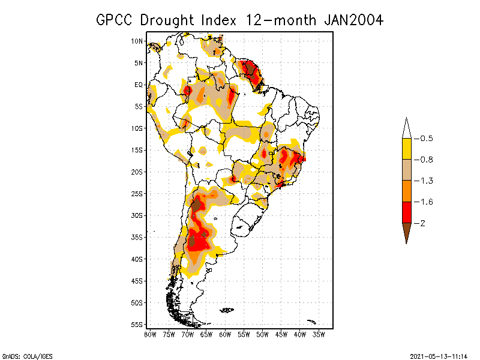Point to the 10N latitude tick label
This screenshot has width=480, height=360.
(137, 41)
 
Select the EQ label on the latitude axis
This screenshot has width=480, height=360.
(139, 85)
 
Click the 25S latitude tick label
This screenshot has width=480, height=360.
(137, 193)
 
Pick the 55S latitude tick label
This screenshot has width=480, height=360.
(137, 324)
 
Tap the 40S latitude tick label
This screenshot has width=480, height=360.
(137, 259)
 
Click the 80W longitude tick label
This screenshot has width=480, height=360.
(150, 334)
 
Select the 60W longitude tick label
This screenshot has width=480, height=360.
(225, 334)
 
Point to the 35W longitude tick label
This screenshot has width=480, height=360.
(319, 334)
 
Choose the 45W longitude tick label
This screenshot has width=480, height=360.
(281, 334)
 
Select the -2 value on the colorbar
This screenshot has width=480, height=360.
(422, 223)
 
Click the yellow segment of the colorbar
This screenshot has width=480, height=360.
(406, 149)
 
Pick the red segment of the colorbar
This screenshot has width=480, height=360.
(406, 212)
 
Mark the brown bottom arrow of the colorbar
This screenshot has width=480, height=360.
(406, 231)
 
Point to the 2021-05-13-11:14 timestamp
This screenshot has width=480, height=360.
(438, 356)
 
